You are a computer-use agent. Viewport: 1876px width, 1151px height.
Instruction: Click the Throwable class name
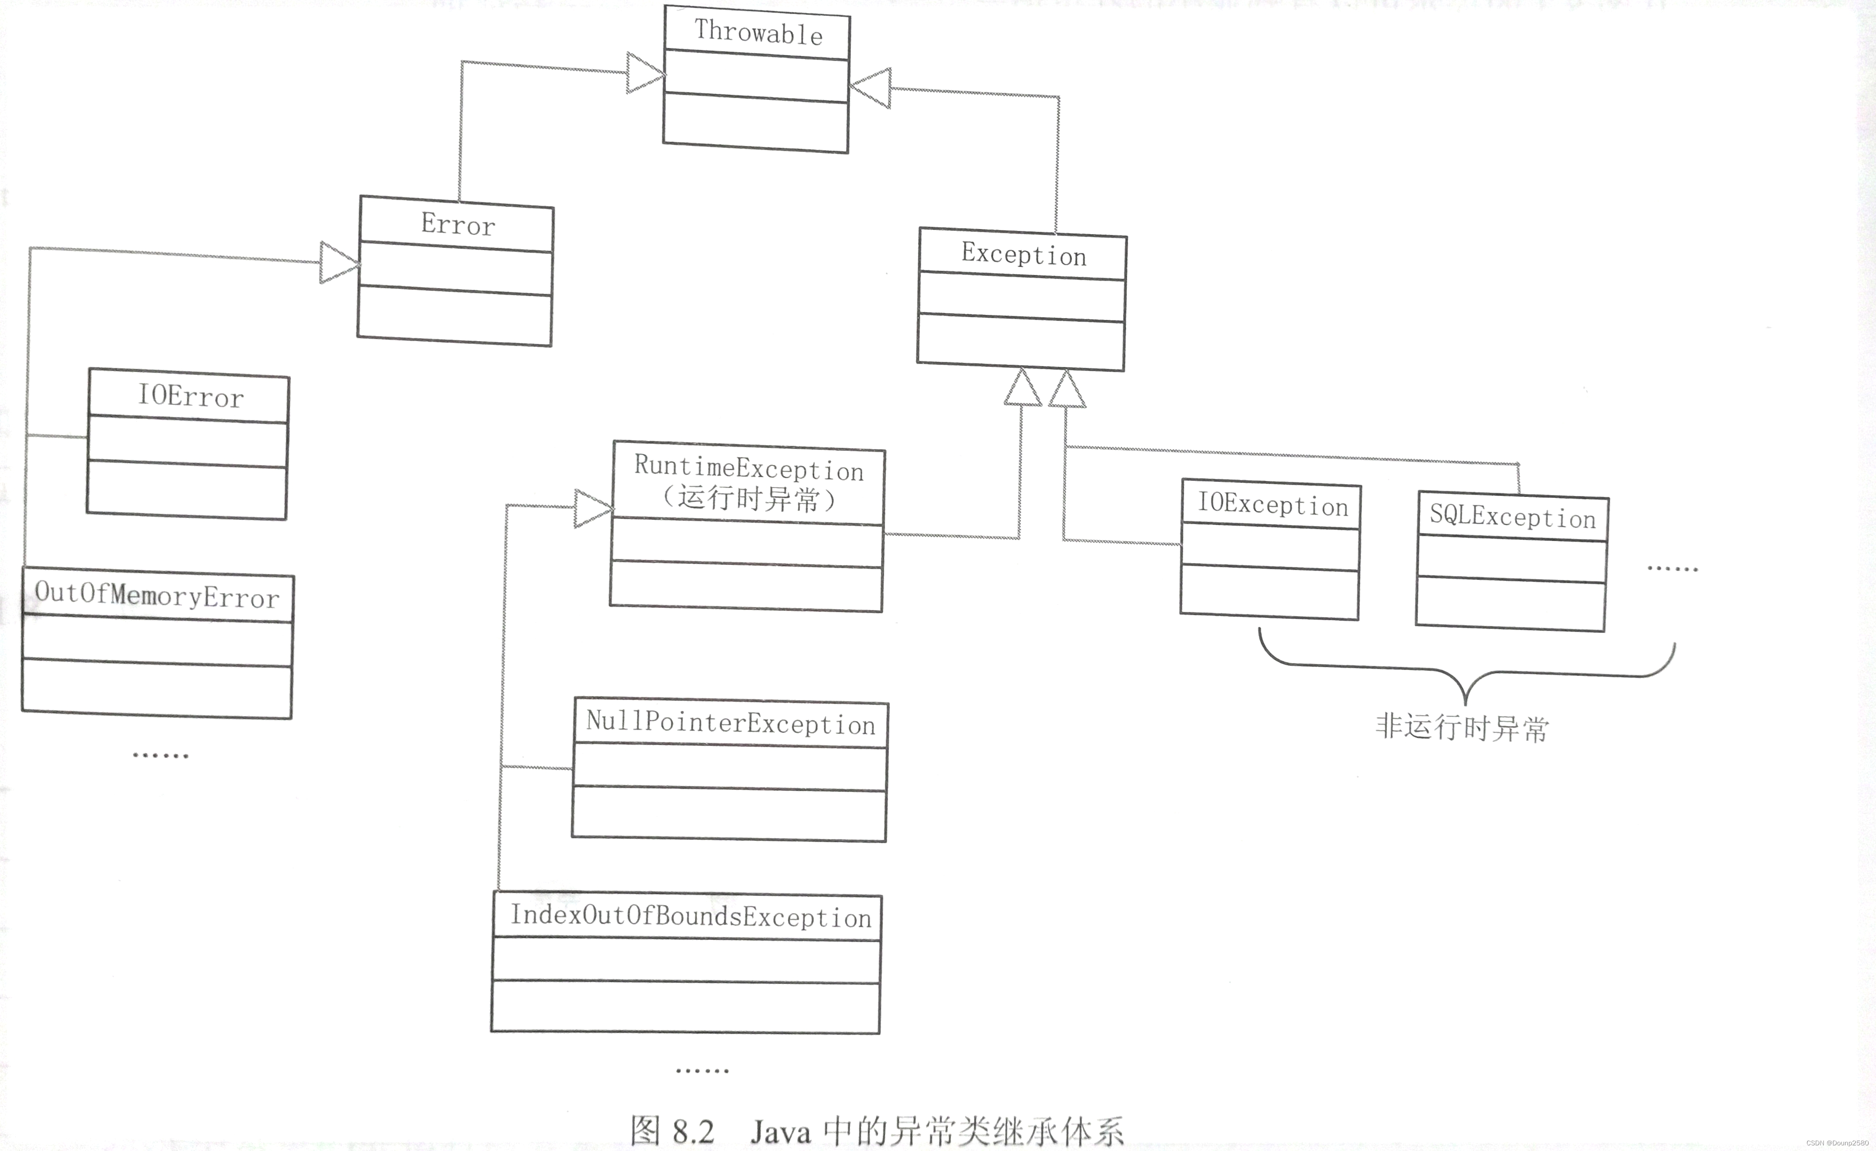tap(758, 33)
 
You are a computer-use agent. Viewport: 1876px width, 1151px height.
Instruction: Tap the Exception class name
tap(1023, 254)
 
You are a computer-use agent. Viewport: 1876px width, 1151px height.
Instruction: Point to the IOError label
tap(191, 396)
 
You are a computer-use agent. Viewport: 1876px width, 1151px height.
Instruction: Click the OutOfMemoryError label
tap(157, 595)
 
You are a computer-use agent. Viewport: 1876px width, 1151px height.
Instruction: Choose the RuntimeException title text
tap(749, 468)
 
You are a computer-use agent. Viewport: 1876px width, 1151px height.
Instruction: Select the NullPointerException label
tap(730, 723)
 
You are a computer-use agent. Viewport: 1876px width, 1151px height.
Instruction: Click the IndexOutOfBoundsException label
tap(690, 916)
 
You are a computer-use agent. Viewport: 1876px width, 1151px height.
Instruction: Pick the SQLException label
tap(1512, 517)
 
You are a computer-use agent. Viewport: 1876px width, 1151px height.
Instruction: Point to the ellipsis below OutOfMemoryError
tap(160, 755)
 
